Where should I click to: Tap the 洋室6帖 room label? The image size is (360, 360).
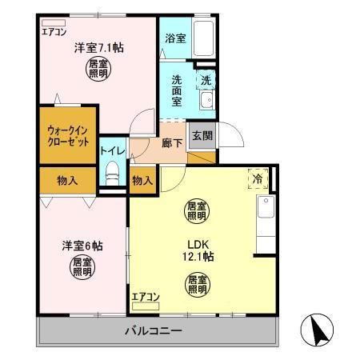click(81, 245)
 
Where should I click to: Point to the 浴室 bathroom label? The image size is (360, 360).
click(175, 37)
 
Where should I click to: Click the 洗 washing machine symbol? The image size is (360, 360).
click(206, 80)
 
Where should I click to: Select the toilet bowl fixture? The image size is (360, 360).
click(112, 172)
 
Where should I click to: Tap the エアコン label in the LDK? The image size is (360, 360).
click(146, 298)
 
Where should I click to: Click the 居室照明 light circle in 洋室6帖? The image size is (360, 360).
click(81, 267)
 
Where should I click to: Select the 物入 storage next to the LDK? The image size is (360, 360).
click(142, 180)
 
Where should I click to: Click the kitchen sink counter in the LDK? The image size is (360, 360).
click(265, 216)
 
